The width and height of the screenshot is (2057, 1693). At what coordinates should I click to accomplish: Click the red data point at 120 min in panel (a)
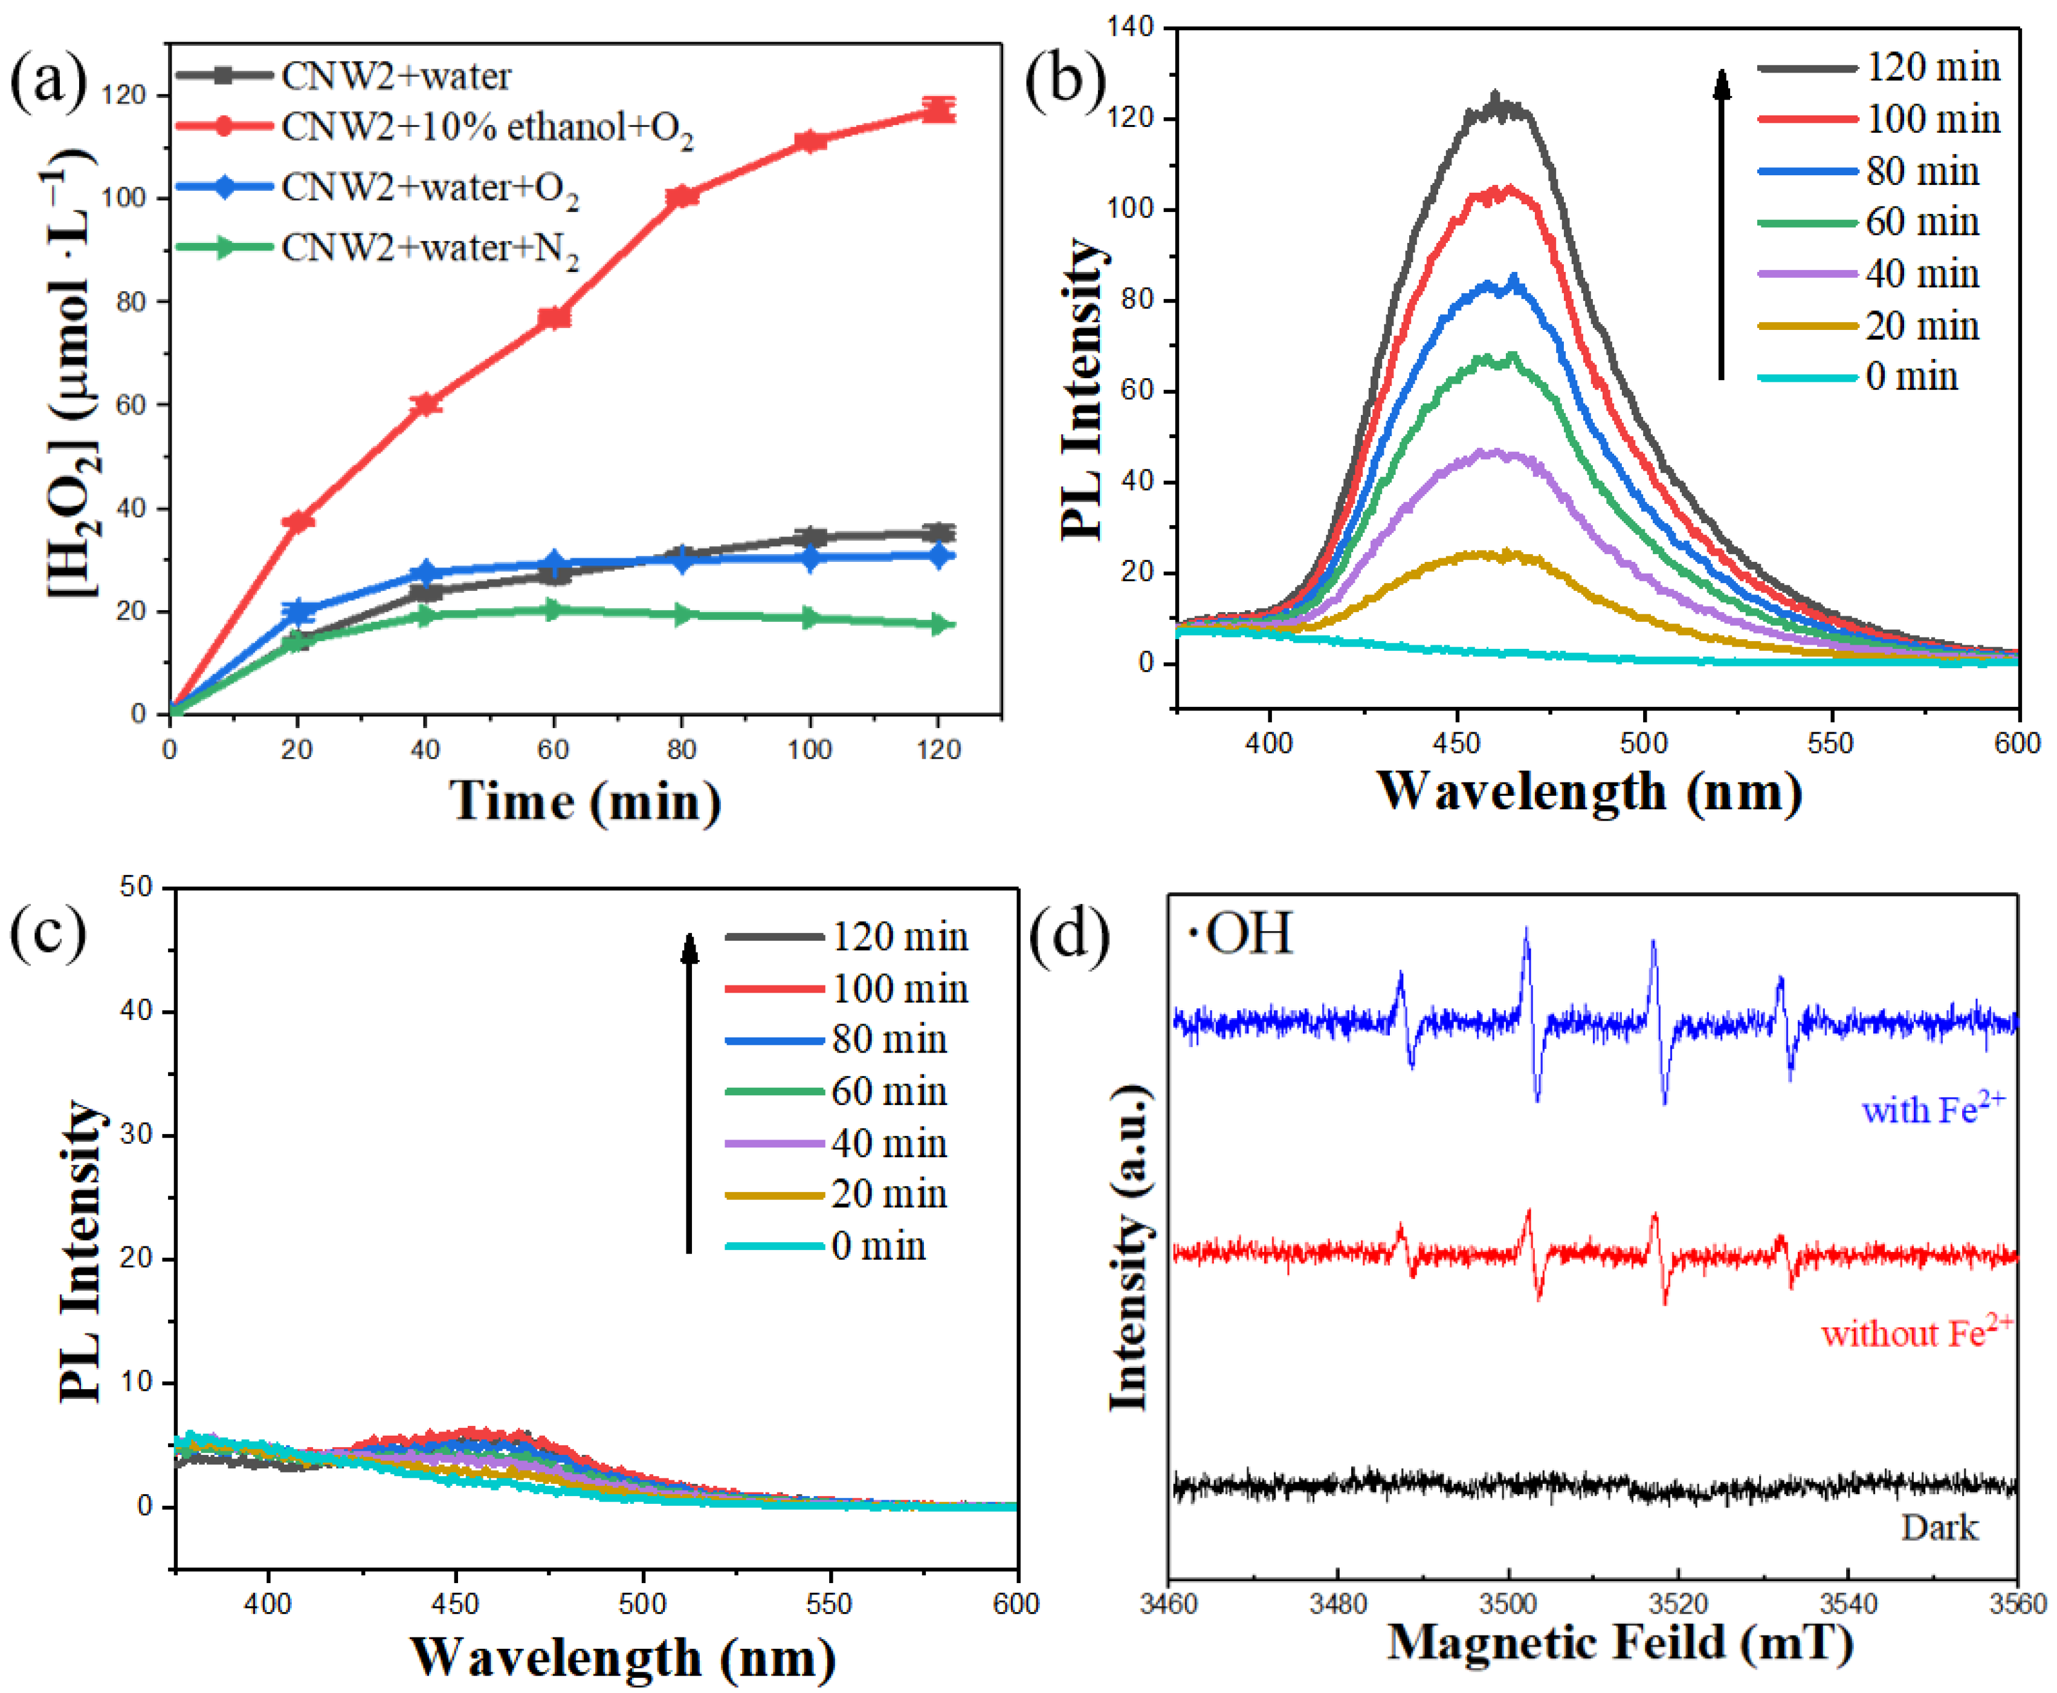tap(938, 110)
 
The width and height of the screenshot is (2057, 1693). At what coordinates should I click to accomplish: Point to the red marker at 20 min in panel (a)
tap(297, 521)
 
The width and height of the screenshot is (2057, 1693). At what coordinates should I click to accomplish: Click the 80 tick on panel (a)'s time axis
tap(681, 749)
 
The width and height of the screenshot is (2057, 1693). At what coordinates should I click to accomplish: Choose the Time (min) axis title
tap(585, 802)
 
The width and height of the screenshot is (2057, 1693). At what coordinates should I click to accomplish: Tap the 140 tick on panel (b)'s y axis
tap(1131, 27)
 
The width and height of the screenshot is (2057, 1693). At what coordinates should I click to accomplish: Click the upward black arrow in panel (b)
tap(1722, 224)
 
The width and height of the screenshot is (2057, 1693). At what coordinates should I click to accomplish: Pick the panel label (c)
tap(47, 930)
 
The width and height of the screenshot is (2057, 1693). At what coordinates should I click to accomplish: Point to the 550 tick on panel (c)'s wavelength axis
tap(830, 1604)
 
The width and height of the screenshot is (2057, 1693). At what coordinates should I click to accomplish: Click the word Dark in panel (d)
tap(1939, 1527)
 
